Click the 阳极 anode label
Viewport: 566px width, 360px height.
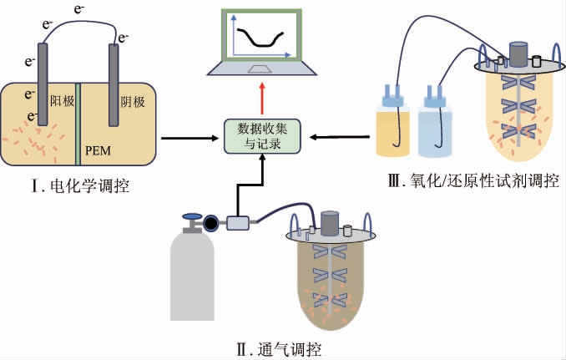tap(62, 101)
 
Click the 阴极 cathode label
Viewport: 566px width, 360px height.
tap(132, 101)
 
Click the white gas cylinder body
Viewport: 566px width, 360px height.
tap(193, 284)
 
